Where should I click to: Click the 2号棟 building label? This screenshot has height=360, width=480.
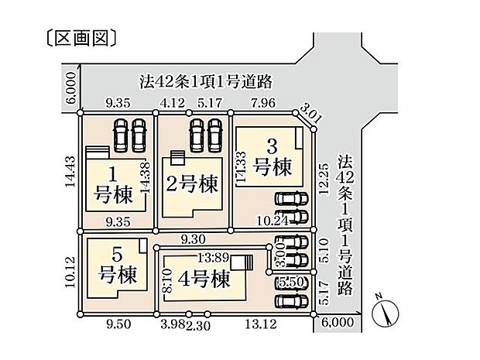tap(191, 184)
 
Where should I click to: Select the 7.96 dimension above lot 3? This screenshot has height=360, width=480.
tap(264, 101)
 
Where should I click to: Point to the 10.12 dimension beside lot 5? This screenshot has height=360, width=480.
tap(71, 271)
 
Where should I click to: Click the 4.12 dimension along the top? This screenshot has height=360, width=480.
tap(170, 101)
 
